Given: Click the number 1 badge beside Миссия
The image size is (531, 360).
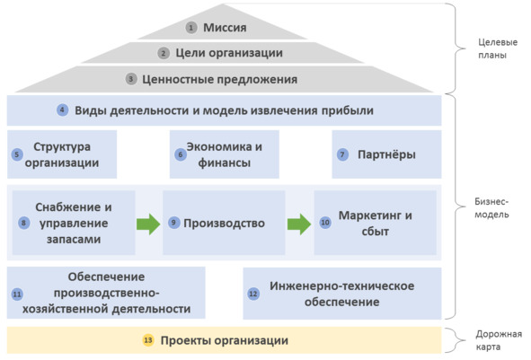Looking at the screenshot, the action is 191,28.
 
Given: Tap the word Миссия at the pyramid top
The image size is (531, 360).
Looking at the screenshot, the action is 225,28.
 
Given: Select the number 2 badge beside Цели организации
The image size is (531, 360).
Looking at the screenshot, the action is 164,53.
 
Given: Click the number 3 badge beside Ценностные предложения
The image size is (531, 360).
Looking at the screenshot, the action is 131,80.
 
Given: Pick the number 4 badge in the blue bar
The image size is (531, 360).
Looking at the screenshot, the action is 62,110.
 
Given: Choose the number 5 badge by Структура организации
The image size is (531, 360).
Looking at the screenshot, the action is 17,154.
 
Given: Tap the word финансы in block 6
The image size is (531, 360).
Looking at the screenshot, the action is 225,163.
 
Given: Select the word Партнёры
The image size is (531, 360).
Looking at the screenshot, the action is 386,154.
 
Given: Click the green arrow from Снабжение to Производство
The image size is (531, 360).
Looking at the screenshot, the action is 148,224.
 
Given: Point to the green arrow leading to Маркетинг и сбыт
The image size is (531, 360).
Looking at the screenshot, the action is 299,224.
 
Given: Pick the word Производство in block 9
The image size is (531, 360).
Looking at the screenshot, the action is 225,224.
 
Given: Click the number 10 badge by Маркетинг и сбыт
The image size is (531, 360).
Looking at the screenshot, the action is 325,223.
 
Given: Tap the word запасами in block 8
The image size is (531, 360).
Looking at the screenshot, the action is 74,240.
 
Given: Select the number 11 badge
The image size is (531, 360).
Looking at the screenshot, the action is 17,294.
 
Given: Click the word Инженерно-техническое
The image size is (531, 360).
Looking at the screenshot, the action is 342,285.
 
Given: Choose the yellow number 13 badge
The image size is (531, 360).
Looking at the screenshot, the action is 148,340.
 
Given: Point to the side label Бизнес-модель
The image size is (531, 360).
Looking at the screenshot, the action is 491,208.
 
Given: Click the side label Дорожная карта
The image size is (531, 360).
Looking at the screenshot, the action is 499,340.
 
